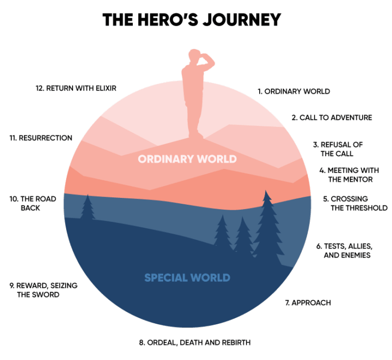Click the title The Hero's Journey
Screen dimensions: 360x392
pos(191,20)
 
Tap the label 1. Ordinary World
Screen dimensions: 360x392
pos(294,91)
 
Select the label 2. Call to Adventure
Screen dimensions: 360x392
pos(332,117)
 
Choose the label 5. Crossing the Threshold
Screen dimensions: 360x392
pos(355,203)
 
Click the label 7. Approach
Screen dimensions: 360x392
pos(308,303)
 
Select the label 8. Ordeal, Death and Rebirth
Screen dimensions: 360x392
pos(195,342)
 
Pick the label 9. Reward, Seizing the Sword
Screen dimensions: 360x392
pos(43,290)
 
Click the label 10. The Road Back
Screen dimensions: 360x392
pos(32,203)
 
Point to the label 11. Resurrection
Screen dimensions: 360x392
pos(41,138)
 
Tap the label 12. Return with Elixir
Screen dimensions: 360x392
pos(76,88)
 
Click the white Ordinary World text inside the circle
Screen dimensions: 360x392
pos(187,159)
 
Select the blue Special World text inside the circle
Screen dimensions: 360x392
pos(187,278)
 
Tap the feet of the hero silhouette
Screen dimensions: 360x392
pos(196,134)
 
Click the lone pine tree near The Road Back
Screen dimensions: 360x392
pos(87,208)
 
